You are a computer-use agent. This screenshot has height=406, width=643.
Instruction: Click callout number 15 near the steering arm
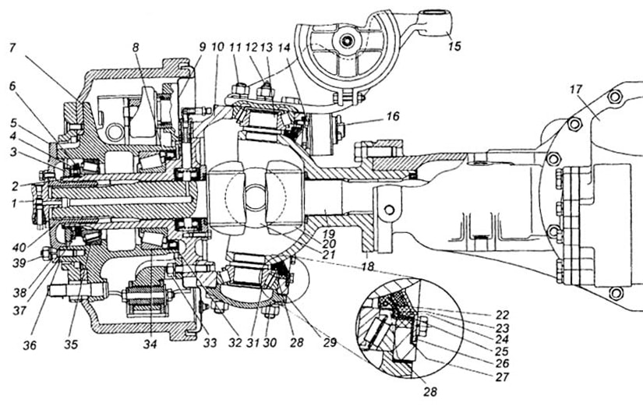454,45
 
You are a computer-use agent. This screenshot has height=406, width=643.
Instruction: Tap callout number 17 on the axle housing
577,89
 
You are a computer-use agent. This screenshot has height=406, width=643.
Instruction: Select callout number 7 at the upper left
12,48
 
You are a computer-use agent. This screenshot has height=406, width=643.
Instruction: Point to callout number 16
393,116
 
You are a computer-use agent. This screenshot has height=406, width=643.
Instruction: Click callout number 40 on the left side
19,247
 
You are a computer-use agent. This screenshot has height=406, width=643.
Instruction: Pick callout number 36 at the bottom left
30,345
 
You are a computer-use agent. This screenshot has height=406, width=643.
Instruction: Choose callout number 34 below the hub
150,344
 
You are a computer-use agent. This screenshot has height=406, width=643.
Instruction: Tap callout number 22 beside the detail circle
502,315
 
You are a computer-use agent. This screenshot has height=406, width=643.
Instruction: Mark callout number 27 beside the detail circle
502,376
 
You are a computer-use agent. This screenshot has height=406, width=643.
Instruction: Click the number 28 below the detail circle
429,391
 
